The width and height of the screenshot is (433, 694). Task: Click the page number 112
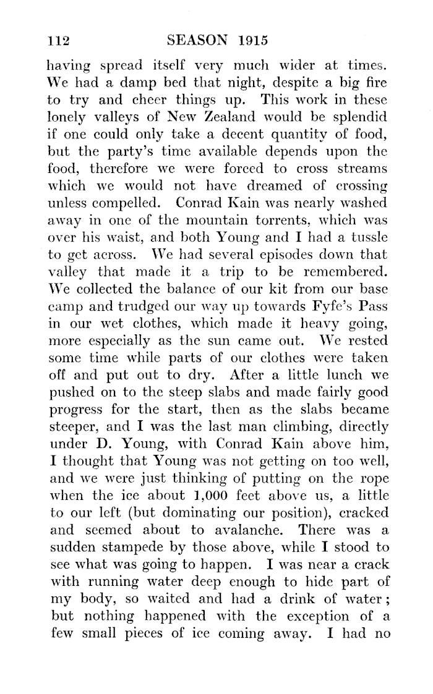tap(60, 41)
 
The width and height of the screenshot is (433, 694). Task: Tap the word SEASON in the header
tap(198, 41)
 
